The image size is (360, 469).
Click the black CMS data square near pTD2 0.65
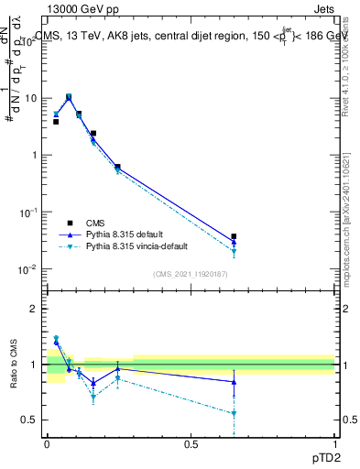click(x=235, y=236)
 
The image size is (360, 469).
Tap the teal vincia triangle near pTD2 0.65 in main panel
click(x=235, y=252)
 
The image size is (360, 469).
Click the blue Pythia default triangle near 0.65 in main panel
click(x=235, y=243)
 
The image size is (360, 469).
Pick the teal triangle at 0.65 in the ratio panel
click(x=235, y=414)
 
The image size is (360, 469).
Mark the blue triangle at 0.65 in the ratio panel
click(x=235, y=382)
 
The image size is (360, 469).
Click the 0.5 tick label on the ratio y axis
click(x=30, y=420)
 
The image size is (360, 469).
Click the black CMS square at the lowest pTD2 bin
click(x=56, y=121)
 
